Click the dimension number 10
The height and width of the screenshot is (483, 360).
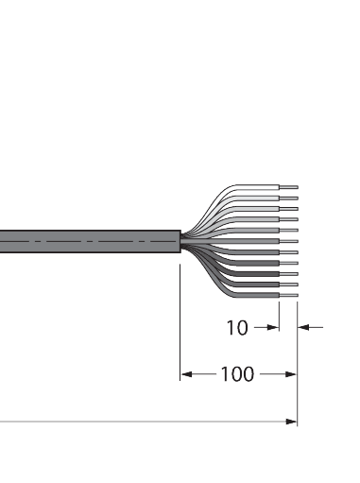pyautogui.click(x=237, y=328)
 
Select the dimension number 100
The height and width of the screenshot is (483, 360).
pyautogui.click(x=237, y=374)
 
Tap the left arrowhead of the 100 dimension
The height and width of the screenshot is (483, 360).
pyautogui.click(x=186, y=374)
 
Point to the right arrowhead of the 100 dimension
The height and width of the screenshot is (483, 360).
pyautogui.click(x=291, y=374)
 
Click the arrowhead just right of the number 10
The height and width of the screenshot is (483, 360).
pyautogui.click(x=273, y=328)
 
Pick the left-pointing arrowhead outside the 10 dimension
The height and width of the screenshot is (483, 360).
pyautogui.click(x=303, y=328)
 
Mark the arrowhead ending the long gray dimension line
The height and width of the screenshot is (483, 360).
pyautogui.click(x=291, y=422)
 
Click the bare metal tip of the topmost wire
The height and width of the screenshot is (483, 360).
pyautogui.click(x=288, y=187)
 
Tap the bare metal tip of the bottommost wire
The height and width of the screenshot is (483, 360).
pyautogui.click(x=288, y=295)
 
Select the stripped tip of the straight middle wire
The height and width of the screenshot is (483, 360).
pyautogui.click(x=288, y=241)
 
